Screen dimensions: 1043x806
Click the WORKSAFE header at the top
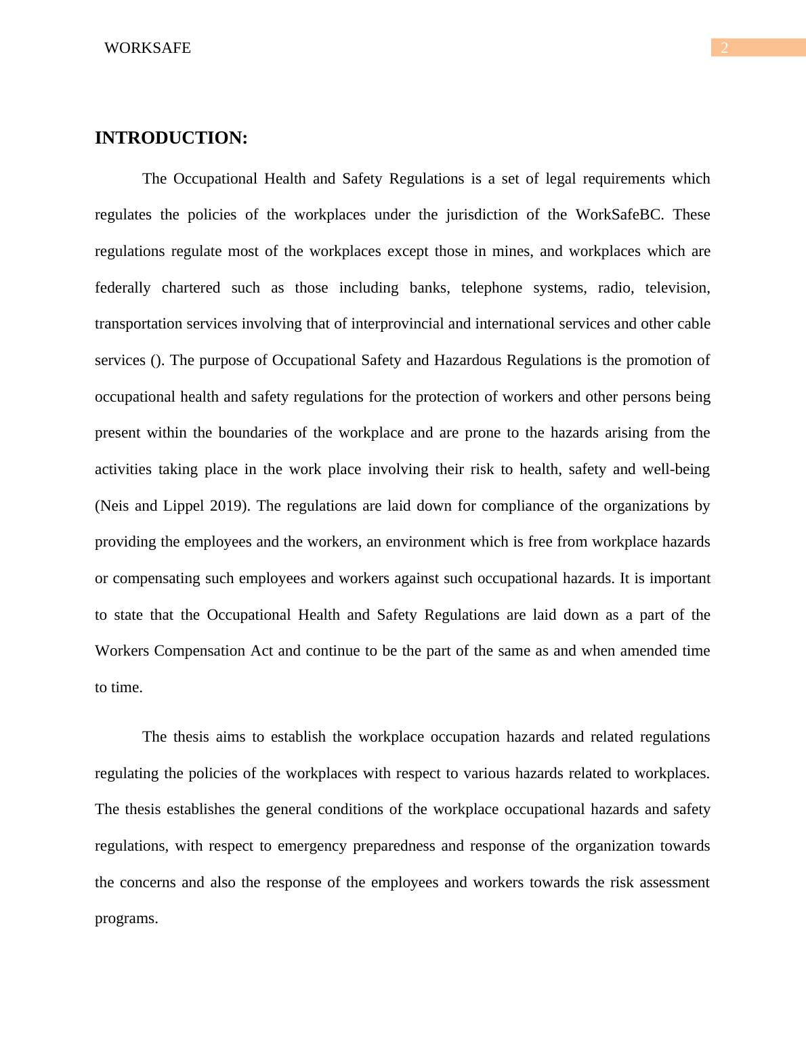pos(148,48)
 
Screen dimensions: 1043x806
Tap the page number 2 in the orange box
pos(725,48)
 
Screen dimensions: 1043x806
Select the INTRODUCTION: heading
pos(171,138)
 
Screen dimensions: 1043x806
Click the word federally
pos(123,288)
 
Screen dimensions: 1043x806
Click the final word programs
pos(126,919)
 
